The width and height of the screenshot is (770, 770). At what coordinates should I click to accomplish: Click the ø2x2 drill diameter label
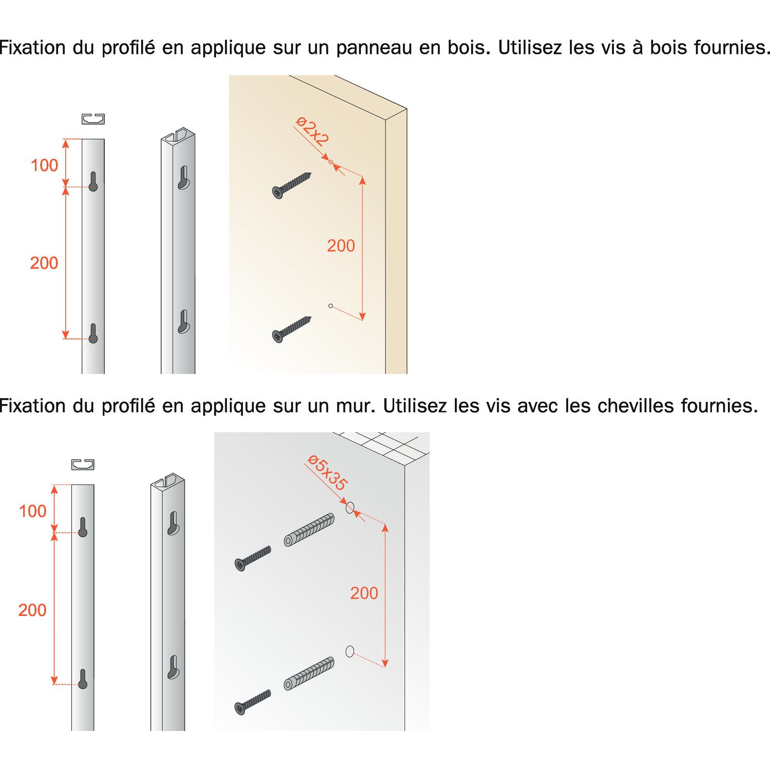click(x=312, y=131)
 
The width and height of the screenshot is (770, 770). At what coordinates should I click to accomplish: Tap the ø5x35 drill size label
click(x=328, y=473)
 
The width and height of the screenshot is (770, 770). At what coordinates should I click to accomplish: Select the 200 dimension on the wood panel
click(x=341, y=245)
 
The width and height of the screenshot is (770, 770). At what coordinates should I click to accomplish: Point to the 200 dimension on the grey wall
click(x=364, y=593)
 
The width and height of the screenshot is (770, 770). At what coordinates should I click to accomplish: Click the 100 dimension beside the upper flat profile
click(x=45, y=165)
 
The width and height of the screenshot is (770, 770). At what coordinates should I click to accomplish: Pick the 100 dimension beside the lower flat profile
click(x=32, y=511)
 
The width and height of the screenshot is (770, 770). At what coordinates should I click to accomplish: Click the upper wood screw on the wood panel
click(x=292, y=185)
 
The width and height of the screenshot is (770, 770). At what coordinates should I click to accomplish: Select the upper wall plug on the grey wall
click(x=310, y=529)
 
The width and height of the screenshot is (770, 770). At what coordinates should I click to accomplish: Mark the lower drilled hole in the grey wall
click(x=350, y=651)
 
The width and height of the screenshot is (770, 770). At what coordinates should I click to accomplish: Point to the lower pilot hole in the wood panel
click(x=331, y=306)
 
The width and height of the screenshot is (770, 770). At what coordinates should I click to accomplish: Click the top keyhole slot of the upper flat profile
click(x=93, y=181)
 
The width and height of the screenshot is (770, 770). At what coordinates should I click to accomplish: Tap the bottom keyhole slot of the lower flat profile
click(x=83, y=679)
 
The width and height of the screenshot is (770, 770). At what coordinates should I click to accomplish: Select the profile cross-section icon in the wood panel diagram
click(x=93, y=119)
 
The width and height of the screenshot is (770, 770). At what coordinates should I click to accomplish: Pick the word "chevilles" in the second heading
click(x=636, y=406)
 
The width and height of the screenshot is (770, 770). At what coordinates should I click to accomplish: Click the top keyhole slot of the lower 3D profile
click(x=173, y=524)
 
